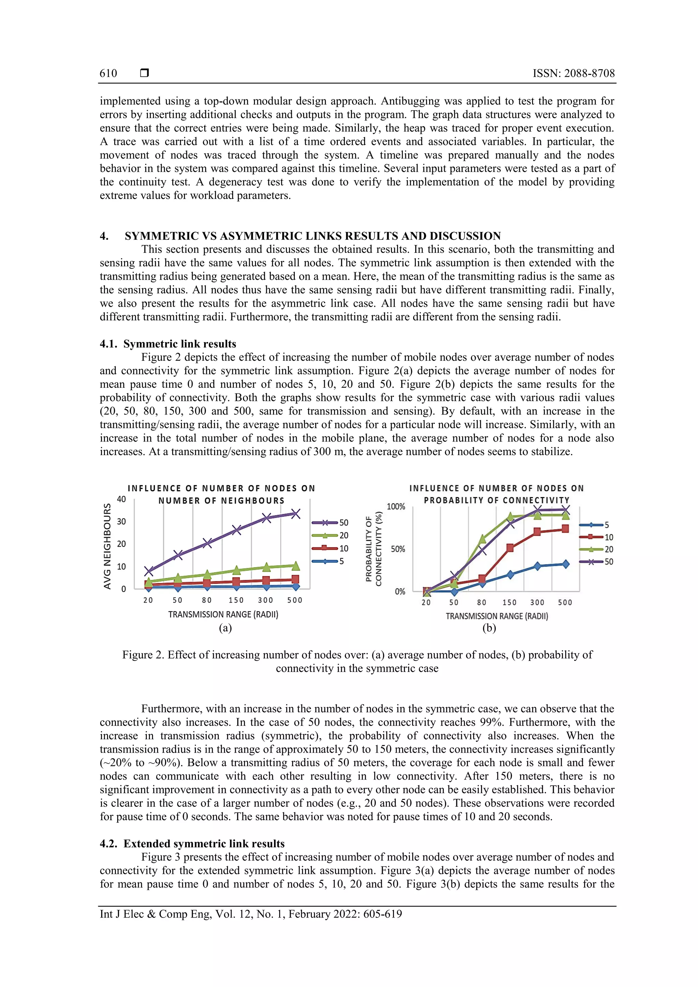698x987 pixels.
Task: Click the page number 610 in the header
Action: (108, 74)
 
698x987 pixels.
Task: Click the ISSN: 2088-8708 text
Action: (573, 74)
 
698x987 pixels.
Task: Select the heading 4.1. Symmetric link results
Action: (168, 344)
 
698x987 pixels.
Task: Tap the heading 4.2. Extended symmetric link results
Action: (192, 844)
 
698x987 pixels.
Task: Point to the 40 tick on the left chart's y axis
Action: (122, 499)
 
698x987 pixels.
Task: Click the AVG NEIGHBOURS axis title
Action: (107, 546)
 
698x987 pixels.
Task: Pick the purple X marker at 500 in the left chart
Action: (295, 514)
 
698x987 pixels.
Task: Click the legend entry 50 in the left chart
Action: (343, 523)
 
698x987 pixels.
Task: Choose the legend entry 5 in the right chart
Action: (607, 525)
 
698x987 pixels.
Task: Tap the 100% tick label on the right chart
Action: (396, 507)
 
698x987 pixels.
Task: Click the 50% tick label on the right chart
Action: (398, 550)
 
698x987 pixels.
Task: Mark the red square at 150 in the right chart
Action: (510, 548)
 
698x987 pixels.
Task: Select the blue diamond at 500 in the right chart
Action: (565, 564)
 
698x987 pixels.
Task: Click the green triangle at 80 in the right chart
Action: (482, 539)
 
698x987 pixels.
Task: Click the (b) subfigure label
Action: (489, 628)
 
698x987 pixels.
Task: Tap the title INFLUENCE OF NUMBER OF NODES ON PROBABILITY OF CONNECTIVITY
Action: (497, 494)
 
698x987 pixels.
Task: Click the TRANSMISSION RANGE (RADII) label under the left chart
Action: (223, 615)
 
